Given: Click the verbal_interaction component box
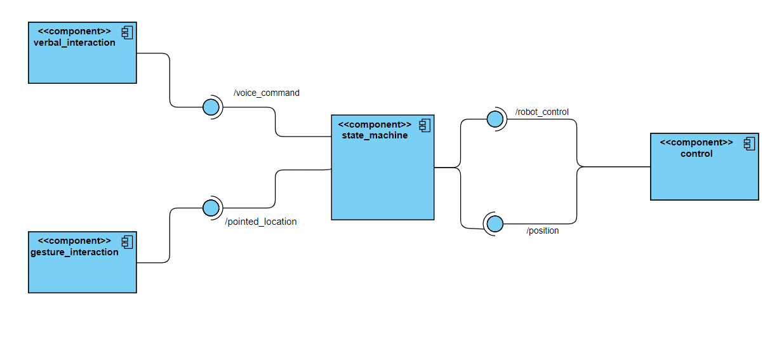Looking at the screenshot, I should pos(83,60).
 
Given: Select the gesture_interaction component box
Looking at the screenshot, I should pos(83,270).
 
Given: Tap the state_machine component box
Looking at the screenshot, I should pos(383,178).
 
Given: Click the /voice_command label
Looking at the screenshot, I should pos(267,93).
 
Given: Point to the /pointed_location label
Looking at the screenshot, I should pos(261,222).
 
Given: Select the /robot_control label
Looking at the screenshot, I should pos(542,112).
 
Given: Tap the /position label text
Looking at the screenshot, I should pos(543,230).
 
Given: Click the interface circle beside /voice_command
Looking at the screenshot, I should pos(211,107).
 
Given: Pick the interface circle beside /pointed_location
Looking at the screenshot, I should pos(211,208).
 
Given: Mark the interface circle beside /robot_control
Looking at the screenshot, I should pos(495,119).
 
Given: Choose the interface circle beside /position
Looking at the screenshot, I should pos(495,223).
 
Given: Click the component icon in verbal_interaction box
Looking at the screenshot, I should pos(128,32).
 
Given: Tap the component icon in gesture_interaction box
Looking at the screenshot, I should pos(128,241).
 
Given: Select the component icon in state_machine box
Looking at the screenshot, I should pos(425,124).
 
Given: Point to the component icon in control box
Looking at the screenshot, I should pos(750,143).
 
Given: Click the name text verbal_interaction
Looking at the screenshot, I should pos(74,43).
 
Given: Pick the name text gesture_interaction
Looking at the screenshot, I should pos(74,252).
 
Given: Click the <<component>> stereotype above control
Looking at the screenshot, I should pos(696,142).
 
